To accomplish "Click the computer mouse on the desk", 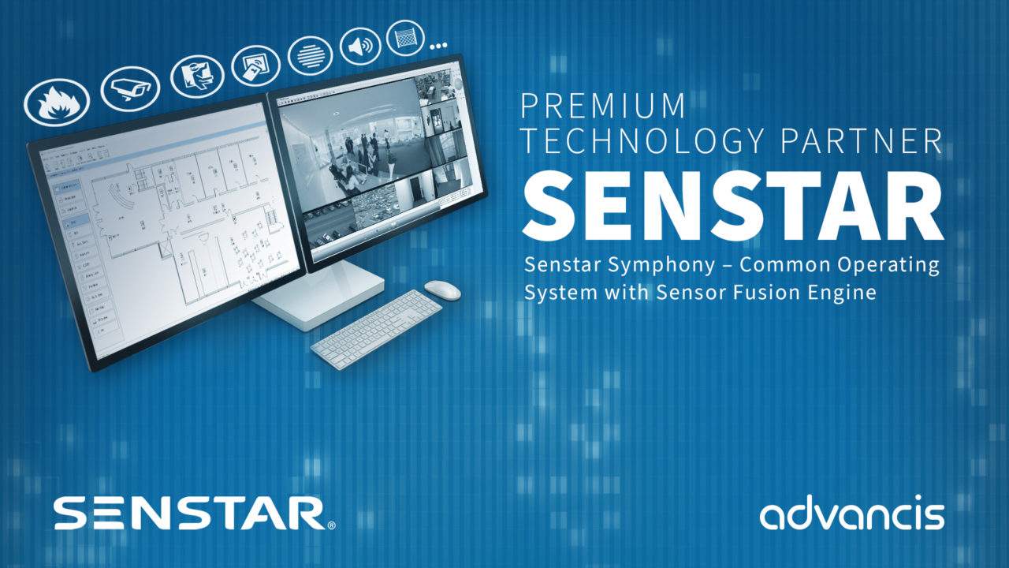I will coord(442,290).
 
